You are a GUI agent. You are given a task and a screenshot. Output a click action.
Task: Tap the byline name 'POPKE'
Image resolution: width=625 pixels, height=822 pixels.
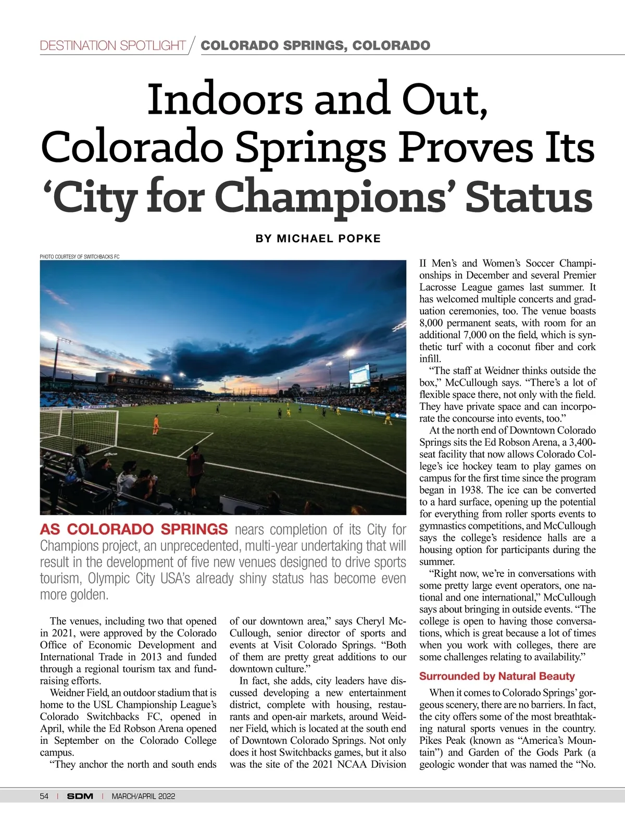[x=360, y=239]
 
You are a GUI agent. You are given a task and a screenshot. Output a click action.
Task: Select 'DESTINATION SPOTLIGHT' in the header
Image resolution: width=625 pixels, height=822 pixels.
[x=113, y=46]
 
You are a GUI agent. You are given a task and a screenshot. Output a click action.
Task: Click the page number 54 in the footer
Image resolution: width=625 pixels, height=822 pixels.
[x=44, y=796]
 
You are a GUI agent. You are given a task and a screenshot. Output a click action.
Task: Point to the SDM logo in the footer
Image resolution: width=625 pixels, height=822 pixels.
[x=80, y=796]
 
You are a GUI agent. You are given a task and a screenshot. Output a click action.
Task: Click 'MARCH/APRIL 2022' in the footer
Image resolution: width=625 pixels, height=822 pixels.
[x=143, y=796]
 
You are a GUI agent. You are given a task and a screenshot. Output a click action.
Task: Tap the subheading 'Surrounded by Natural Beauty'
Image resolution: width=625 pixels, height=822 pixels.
[x=497, y=676]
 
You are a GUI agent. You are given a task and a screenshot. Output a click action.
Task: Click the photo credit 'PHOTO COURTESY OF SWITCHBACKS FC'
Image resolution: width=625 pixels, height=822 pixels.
[x=80, y=256]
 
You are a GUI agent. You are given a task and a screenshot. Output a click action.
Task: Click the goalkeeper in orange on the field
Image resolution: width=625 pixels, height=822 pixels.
[x=155, y=425]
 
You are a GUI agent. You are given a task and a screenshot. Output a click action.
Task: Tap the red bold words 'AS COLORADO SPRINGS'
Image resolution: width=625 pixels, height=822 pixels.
[x=134, y=530]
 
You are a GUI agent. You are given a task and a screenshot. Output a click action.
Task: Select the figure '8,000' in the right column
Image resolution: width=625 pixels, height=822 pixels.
[x=431, y=323]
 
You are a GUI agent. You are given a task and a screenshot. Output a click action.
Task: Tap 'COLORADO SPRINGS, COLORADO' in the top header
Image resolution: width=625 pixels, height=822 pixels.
[x=316, y=46]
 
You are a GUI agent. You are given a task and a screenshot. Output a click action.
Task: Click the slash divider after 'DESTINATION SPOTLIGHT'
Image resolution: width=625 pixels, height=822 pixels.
[x=192, y=46]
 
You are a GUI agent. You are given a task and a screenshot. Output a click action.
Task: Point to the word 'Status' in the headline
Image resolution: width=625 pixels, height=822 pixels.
[x=529, y=198]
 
